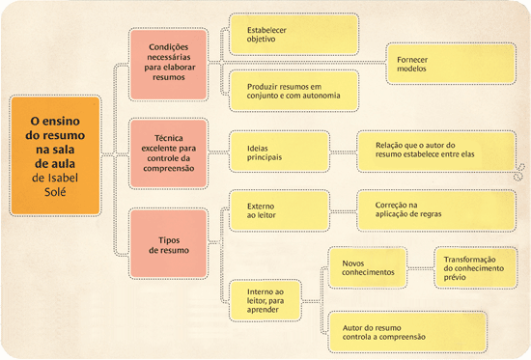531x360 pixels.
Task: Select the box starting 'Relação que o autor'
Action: click(427, 152)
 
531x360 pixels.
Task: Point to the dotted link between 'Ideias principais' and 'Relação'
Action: click(328, 152)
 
